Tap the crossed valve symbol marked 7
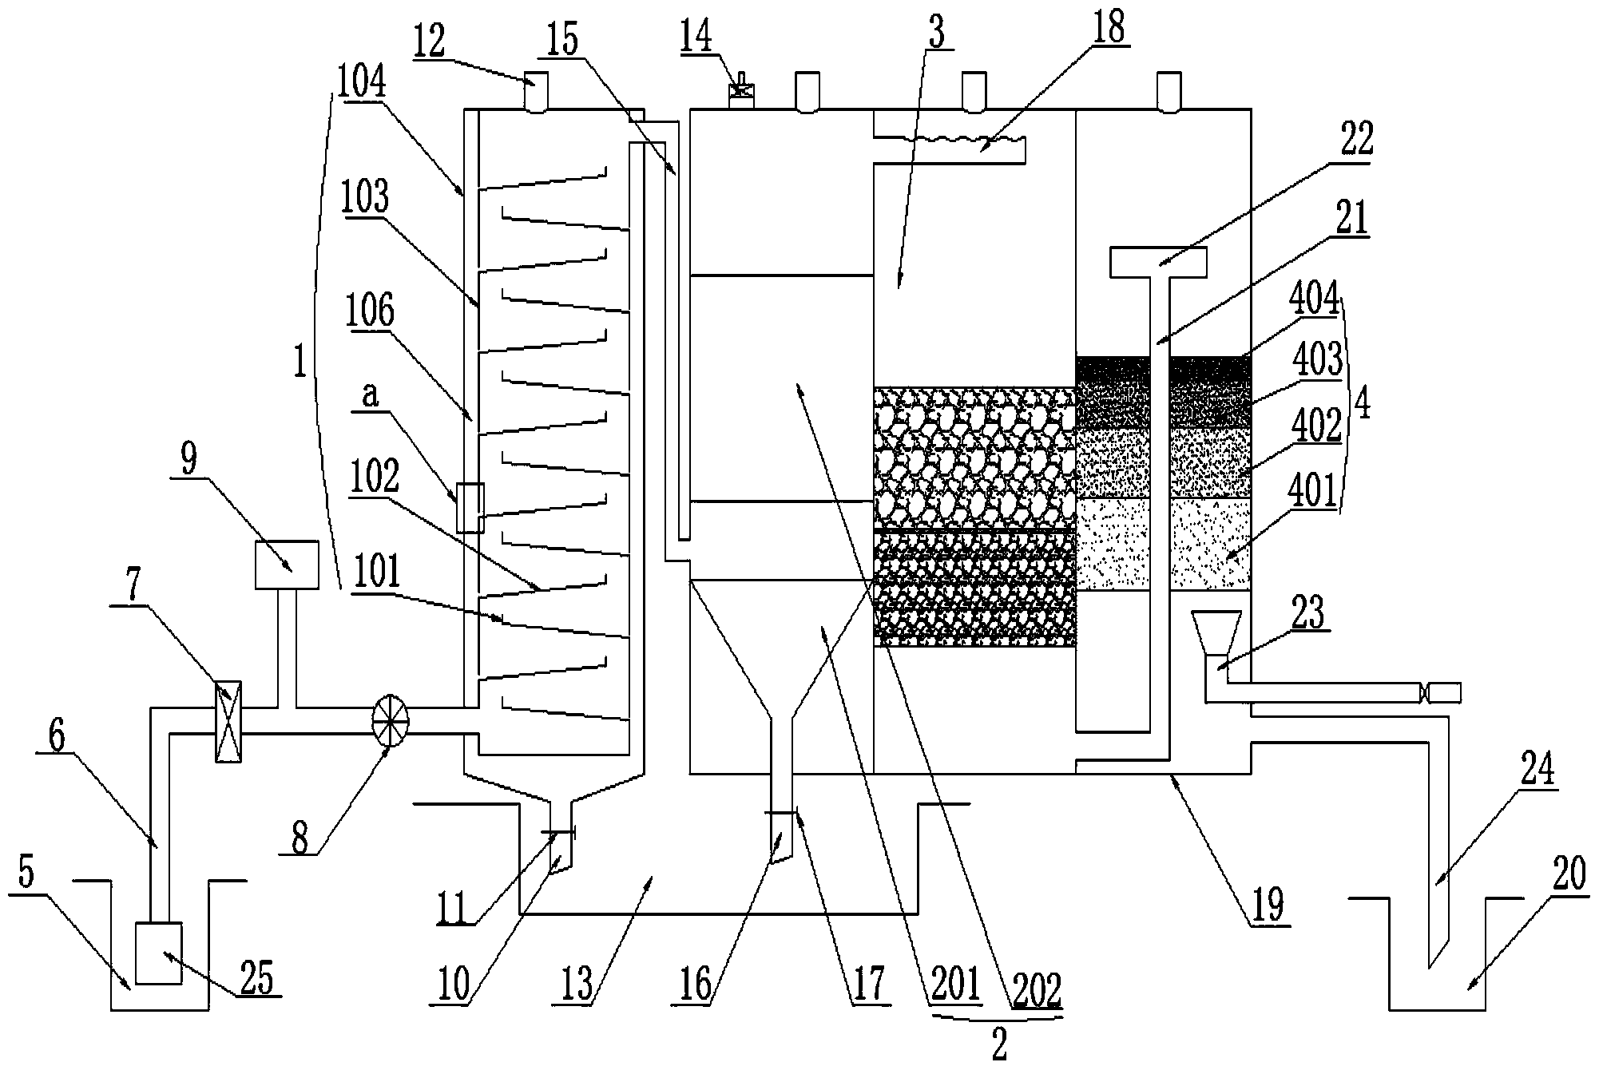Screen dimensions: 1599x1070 [228, 721]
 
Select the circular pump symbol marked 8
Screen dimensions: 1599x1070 [391, 719]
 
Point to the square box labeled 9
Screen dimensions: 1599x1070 [286, 565]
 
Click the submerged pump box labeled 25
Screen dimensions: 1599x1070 [159, 952]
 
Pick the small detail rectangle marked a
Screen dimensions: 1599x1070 [470, 508]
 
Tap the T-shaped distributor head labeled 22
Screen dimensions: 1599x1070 [1158, 263]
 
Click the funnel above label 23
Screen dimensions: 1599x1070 [1216, 632]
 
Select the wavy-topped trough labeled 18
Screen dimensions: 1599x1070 [949, 150]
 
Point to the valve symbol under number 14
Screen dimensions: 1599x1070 [742, 89]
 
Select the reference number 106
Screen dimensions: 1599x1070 [370, 311]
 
